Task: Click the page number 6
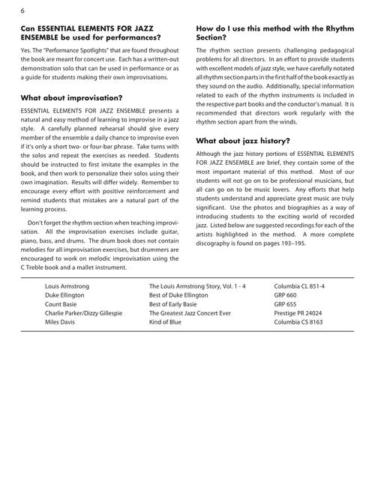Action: pos(13,9)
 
